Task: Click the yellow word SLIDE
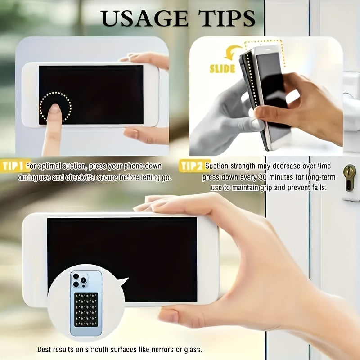(x=222, y=69)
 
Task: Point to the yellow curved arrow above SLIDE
(x=234, y=53)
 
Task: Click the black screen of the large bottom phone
(x=135, y=252)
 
